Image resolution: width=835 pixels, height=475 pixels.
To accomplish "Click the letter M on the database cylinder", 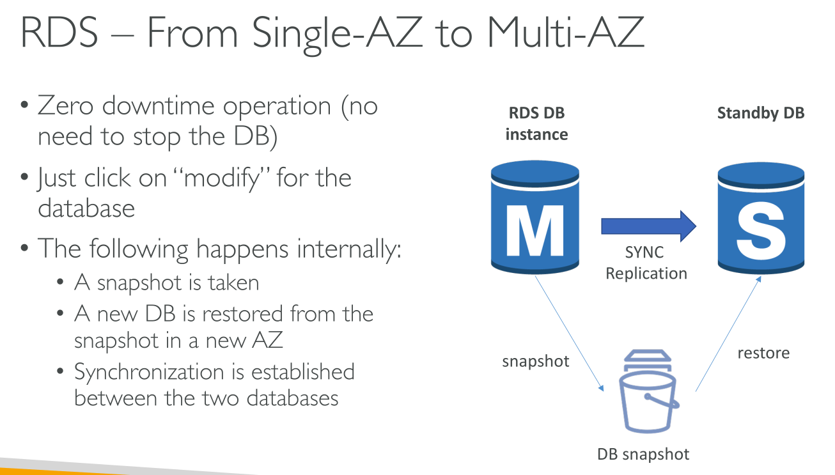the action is [535, 231].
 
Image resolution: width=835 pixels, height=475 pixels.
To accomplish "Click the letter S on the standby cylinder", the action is [761, 231].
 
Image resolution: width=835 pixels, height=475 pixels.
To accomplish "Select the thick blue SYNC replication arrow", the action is [648, 226].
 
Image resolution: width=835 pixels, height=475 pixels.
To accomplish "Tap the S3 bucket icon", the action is [648, 391].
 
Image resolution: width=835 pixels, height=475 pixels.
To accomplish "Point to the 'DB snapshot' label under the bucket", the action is [643, 455].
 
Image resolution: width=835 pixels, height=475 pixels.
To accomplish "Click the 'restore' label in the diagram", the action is [764, 353].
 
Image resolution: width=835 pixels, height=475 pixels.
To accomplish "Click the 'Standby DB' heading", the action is [761, 113].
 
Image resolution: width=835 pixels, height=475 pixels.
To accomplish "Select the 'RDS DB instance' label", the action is [537, 123].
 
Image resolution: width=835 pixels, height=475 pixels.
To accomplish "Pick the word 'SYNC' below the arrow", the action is [644, 253].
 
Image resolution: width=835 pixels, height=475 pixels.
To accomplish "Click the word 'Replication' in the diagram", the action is [646, 274].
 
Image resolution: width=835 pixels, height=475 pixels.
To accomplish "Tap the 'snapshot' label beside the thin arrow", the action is [536, 361].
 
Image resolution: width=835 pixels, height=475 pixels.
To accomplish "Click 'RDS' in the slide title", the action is [59, 33].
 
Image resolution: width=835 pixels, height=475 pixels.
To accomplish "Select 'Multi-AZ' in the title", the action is [566, 33].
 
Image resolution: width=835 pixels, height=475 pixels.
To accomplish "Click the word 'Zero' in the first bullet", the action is [66, 106].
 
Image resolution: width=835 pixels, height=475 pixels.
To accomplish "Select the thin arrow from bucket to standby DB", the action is [728, 334].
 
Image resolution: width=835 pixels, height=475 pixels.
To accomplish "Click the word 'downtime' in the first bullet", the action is [158, 106].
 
